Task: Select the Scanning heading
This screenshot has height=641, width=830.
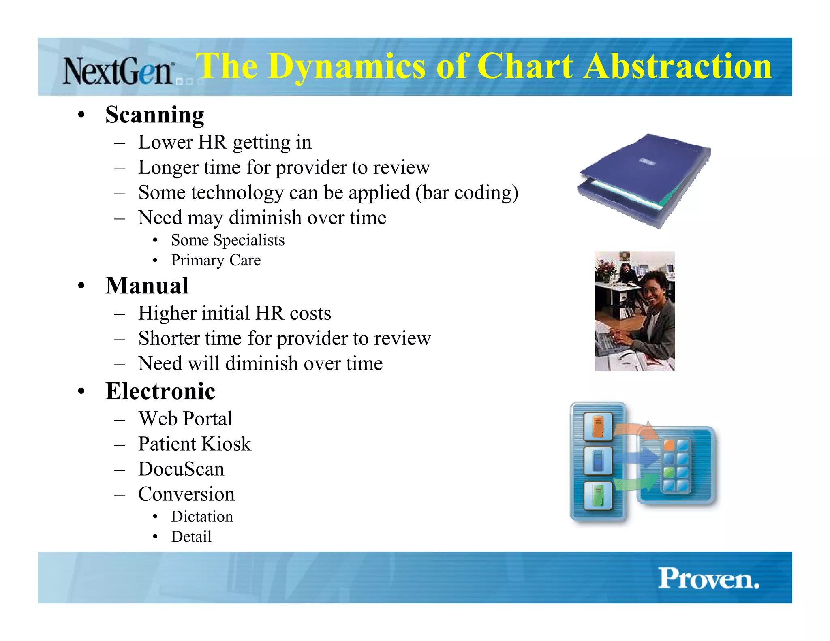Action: point(154,115)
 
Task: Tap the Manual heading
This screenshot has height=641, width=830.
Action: point(147,286)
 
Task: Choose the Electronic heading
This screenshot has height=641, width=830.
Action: point(160,391)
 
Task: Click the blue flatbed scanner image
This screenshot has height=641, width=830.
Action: point(644,180)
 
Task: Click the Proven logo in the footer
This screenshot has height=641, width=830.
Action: point(708,579)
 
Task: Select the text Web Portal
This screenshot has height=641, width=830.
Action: point(185,419)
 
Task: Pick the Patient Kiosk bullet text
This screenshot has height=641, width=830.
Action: point(195,444)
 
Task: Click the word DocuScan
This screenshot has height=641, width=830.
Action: point(181,469)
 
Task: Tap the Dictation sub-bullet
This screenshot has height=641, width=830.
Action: point(202,517)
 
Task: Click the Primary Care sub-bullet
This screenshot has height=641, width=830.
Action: point(216,260)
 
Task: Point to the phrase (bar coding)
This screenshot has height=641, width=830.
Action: point(466,192)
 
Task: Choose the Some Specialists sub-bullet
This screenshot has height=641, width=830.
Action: point(228,240)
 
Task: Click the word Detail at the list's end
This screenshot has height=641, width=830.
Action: point(191,537)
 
